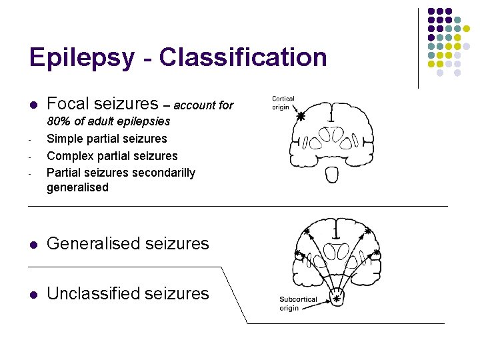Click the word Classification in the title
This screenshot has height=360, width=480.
pos(243,58)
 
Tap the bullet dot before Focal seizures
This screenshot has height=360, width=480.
pos(32,105)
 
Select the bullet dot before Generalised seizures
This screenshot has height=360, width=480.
pos(32,245)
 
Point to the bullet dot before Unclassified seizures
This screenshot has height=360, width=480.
pos(32,294)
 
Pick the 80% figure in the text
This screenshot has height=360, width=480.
pos(58,121)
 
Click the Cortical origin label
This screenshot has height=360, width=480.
pos(283,103)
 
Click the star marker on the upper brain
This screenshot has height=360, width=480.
pos(300,116)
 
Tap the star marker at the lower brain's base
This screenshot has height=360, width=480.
pos(337,299)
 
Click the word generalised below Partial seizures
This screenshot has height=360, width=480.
pos(77,187)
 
